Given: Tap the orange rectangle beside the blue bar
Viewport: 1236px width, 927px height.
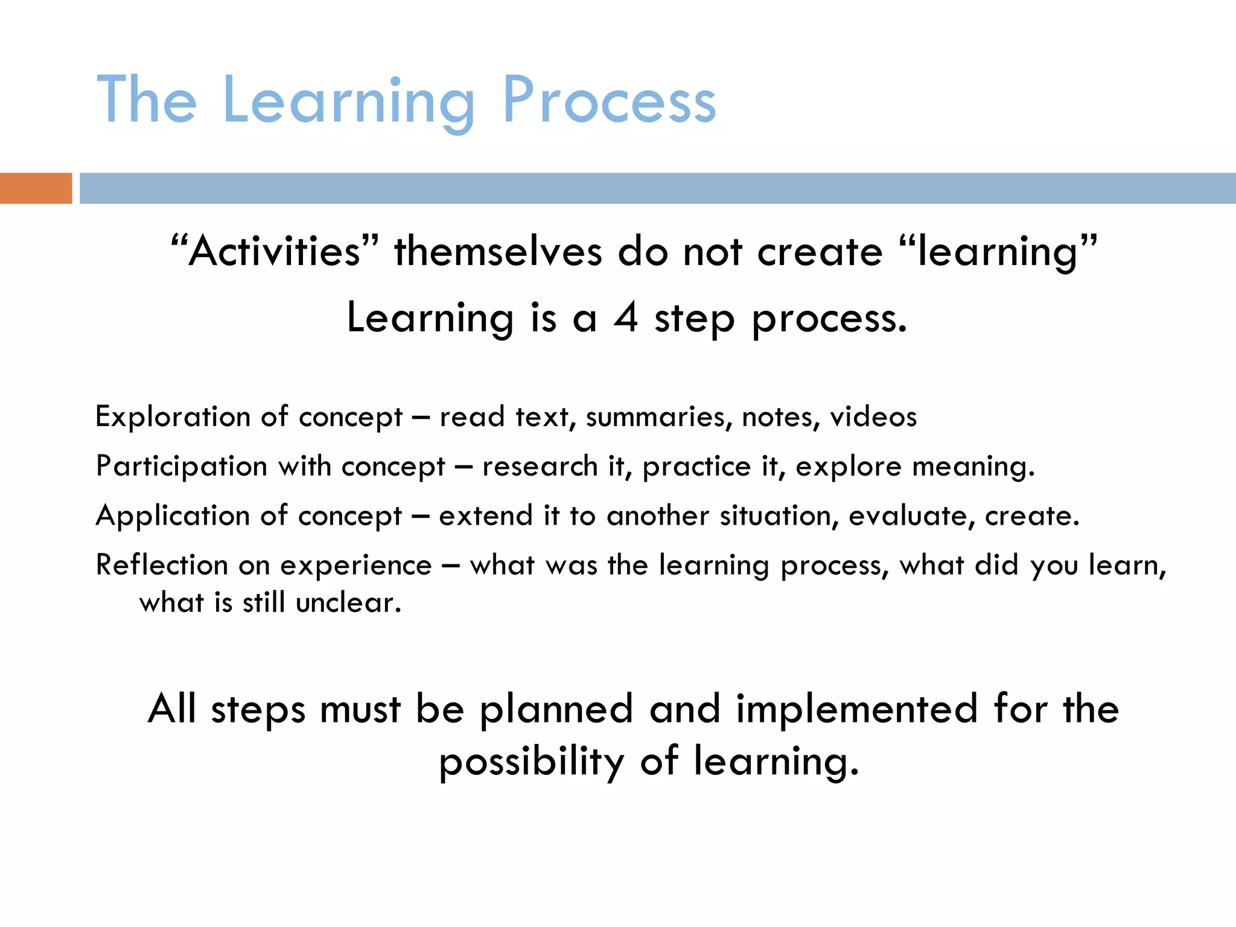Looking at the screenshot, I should click(36, 188).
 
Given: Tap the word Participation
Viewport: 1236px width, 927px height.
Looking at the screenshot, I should click(181, 467).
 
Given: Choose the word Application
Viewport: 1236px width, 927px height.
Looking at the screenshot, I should click(173, 516).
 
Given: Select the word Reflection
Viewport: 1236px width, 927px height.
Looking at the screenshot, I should click(162, 565).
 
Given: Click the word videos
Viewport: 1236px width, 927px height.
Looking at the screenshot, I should click(873, 417).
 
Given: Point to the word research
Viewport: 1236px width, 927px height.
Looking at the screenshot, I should click(540, 467).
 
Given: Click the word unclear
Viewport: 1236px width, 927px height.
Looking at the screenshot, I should click(348, 603).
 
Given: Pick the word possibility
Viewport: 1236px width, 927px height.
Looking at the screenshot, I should click(531, 762).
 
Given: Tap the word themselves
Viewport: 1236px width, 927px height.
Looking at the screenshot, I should click(498, 251).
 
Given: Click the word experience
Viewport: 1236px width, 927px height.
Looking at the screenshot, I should click(356, 565).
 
